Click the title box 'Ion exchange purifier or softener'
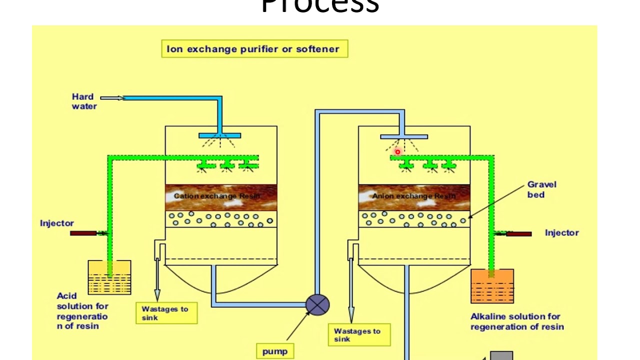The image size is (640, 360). click(254, 49)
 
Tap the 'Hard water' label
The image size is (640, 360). click(83, 101)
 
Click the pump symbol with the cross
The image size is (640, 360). click(317, 304)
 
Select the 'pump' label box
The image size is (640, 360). click(275, 351)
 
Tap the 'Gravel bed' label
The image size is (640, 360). click(541, 189)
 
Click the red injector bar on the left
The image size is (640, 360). click(83, 233)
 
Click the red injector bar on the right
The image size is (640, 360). click(518, 233)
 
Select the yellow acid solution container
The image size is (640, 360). click(109, 277)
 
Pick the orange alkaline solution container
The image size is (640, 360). click(492, 286)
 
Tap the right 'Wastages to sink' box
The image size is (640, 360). click(359, 335)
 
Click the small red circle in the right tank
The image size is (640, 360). click(397, 152)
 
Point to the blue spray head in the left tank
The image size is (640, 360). click(220, 135)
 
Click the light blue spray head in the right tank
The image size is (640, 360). click(404, 136)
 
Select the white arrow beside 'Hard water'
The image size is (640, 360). click(112, 98)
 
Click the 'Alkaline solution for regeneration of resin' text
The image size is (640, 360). click(517, 321)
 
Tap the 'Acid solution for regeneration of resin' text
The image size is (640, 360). click(82, 311)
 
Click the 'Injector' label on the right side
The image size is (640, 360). click(561, 233)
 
